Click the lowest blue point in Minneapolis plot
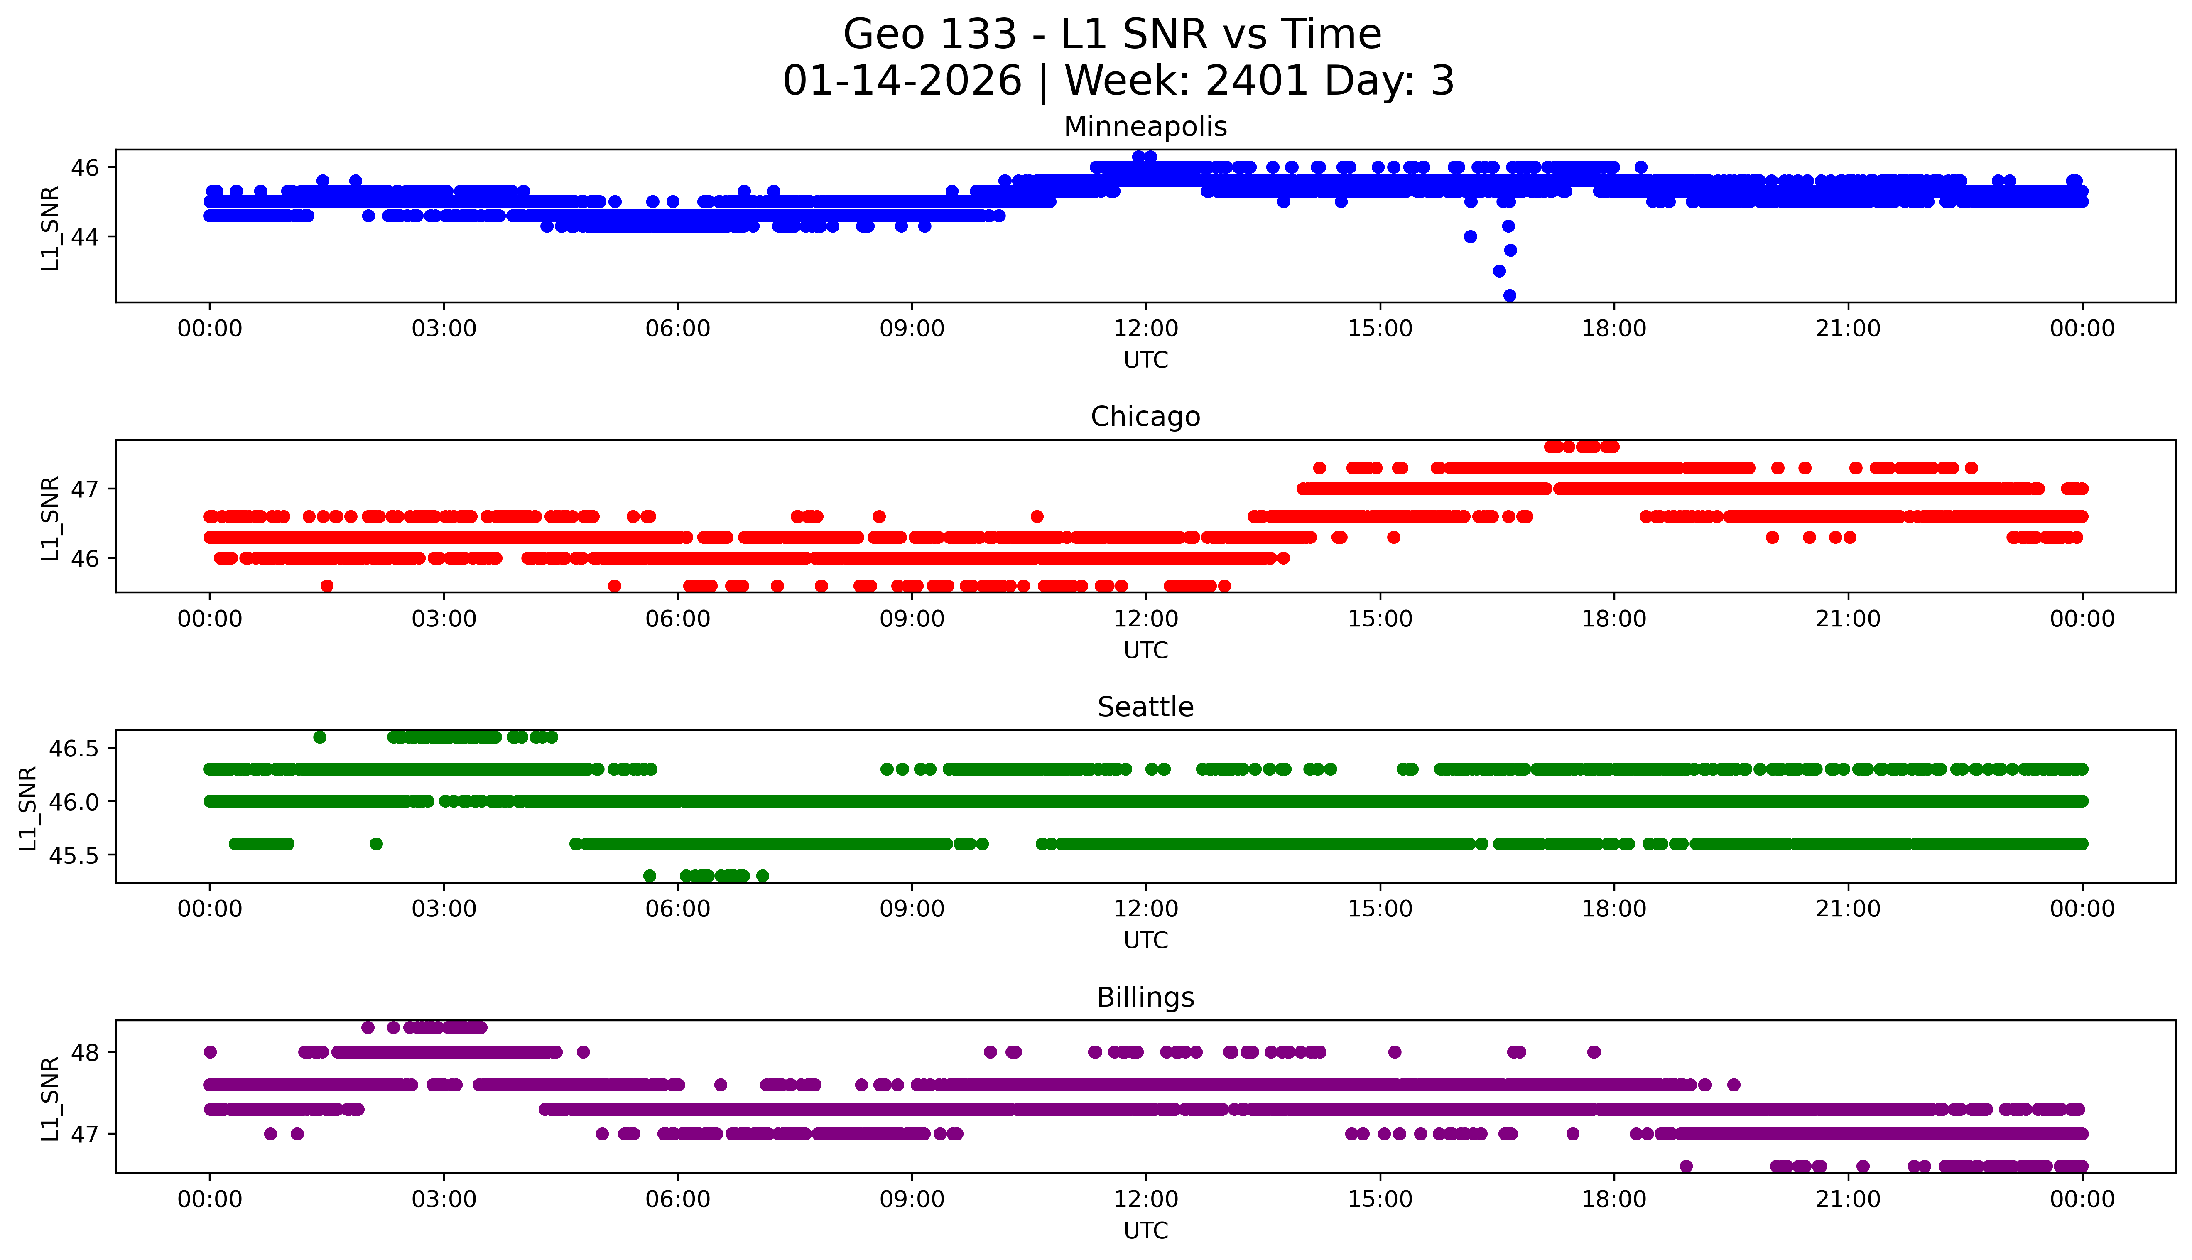point(1510,295)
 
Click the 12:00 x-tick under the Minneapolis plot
point(1145,329)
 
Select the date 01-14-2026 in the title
point(902,81)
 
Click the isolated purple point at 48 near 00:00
point(209,1052)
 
